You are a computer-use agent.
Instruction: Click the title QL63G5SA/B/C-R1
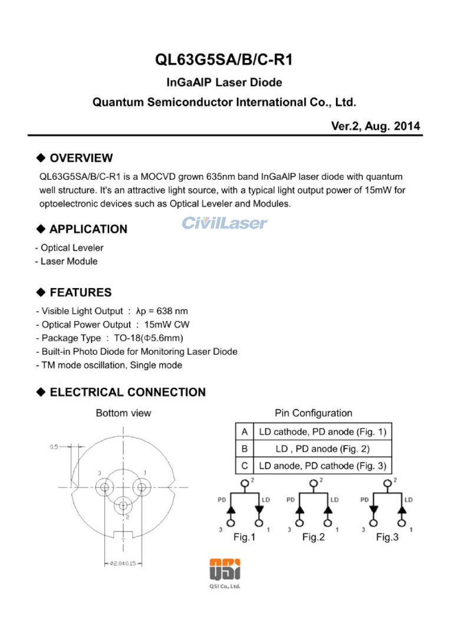click(x=224, y=60)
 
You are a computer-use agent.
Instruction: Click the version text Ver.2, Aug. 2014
click(x=376, y=126)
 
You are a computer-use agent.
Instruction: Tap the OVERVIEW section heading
click(x=81, y=158)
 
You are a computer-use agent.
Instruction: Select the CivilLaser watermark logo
click(x=224, y=223)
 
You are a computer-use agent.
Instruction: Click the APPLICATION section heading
click(x=88, y=229)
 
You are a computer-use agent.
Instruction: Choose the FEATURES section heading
click(x=80, y=292)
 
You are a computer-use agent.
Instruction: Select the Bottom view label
click(x=123, y=413)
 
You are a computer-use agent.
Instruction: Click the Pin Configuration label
click(x=313, y=413)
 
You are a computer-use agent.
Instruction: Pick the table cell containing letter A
click(x=244, y=431)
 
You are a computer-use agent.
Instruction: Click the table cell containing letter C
click(x=244, y=466)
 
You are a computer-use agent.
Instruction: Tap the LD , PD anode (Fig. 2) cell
click(x=322, y=448)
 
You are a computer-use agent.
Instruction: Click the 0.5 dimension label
click(x=54, y=447)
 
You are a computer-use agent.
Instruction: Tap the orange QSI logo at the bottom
click(x=225, y=570)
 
